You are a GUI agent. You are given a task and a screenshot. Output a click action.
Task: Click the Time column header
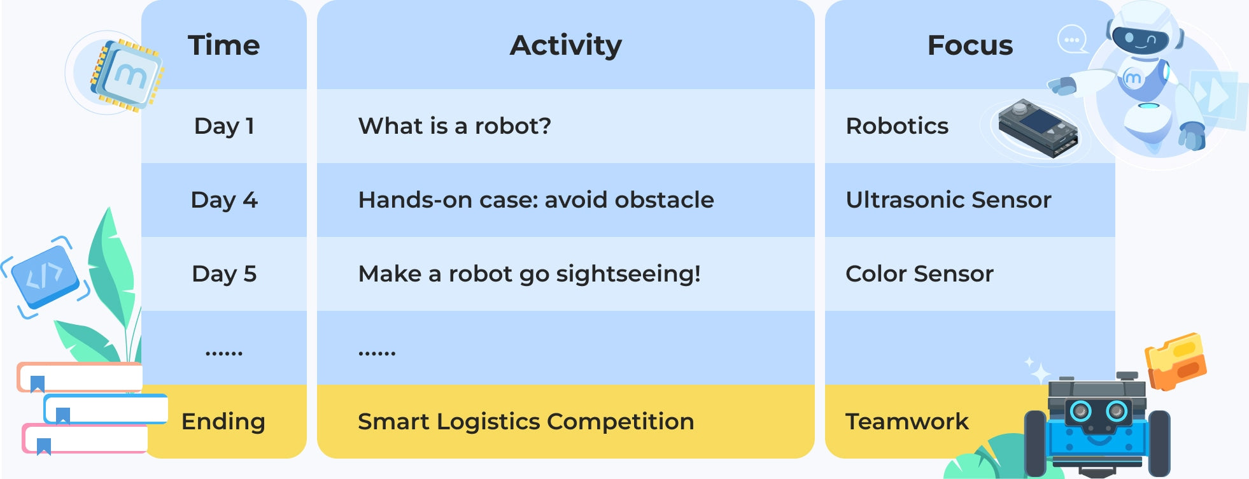pyautogui.click(x=224, y=45)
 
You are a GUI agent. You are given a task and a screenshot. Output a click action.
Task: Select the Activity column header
pyautogui.click(x=565, y=45)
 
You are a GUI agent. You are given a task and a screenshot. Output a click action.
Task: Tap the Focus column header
pyautogui.click(x=970, y=45)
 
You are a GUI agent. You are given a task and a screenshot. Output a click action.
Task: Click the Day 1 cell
pyautogui.click(x=224, y=126)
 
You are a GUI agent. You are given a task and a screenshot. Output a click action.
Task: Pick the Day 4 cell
pyautogui.click(x=224, y=200)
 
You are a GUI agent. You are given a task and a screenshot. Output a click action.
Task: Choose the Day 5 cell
pyautogui.click(x=224, y=274)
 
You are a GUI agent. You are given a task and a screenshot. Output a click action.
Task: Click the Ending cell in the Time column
pyautogui.click(x=223, y=422)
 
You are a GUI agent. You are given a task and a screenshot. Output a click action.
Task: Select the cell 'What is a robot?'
pyautogui.click(x=455, y=126)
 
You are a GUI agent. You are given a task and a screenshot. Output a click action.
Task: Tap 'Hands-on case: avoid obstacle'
pyautogui.click(x=536, y=200)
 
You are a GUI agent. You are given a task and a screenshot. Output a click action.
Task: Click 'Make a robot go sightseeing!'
pyautogui.click(x=529, y=274)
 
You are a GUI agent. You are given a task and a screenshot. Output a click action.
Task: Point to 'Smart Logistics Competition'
pyautogui.click(x=526, y=422)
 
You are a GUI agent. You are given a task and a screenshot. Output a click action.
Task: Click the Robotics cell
pyautogui.click(x=897, y=126)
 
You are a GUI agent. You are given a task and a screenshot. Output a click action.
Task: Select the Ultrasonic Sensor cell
pyautogui.click(x=949, y=200)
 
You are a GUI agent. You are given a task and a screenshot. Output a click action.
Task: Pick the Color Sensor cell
pyautogui.click(x=919, y=274)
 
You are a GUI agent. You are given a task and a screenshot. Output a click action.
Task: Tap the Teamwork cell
pyautogui.click(x=907, y=422)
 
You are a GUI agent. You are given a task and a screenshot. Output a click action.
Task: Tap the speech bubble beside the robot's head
pyautogui.click(x=1072, y=39)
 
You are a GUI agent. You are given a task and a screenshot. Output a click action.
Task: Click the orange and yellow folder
pyautogui.click(x=1176, y=361)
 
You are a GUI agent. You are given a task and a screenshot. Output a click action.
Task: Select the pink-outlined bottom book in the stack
pyautogui.click(x=85, y=439)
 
